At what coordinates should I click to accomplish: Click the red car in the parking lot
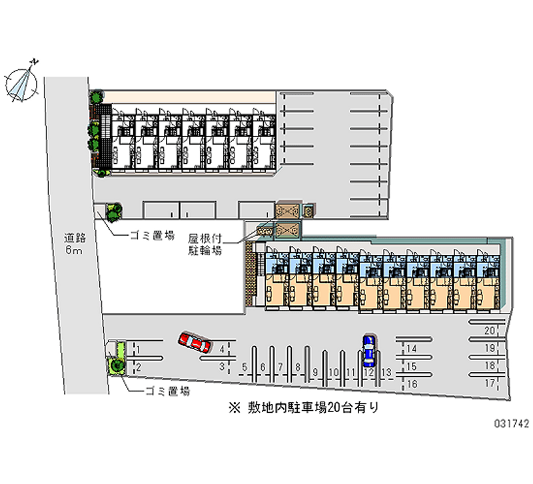(x=194, y=343)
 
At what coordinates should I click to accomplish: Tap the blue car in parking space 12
(x=368, y=352)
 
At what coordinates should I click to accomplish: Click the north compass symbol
(x=22, y=81)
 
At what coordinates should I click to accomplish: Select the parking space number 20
(x=490, y=331)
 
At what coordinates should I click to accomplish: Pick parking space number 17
(x=490, y=383)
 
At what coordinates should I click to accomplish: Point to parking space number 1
(x=137, y=348)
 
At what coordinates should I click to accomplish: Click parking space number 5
(x=245, y=367)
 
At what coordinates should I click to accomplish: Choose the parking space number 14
(x=412, y=348)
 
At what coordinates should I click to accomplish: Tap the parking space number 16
(x=412, y=383)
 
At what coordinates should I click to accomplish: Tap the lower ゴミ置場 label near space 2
(x=167, y=391)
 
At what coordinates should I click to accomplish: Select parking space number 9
(x=315, y=371)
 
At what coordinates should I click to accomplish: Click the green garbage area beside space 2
(x=117, y=364)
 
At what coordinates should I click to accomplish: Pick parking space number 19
(x=490, y=348)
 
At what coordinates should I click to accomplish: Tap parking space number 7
(x=280, y=367)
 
